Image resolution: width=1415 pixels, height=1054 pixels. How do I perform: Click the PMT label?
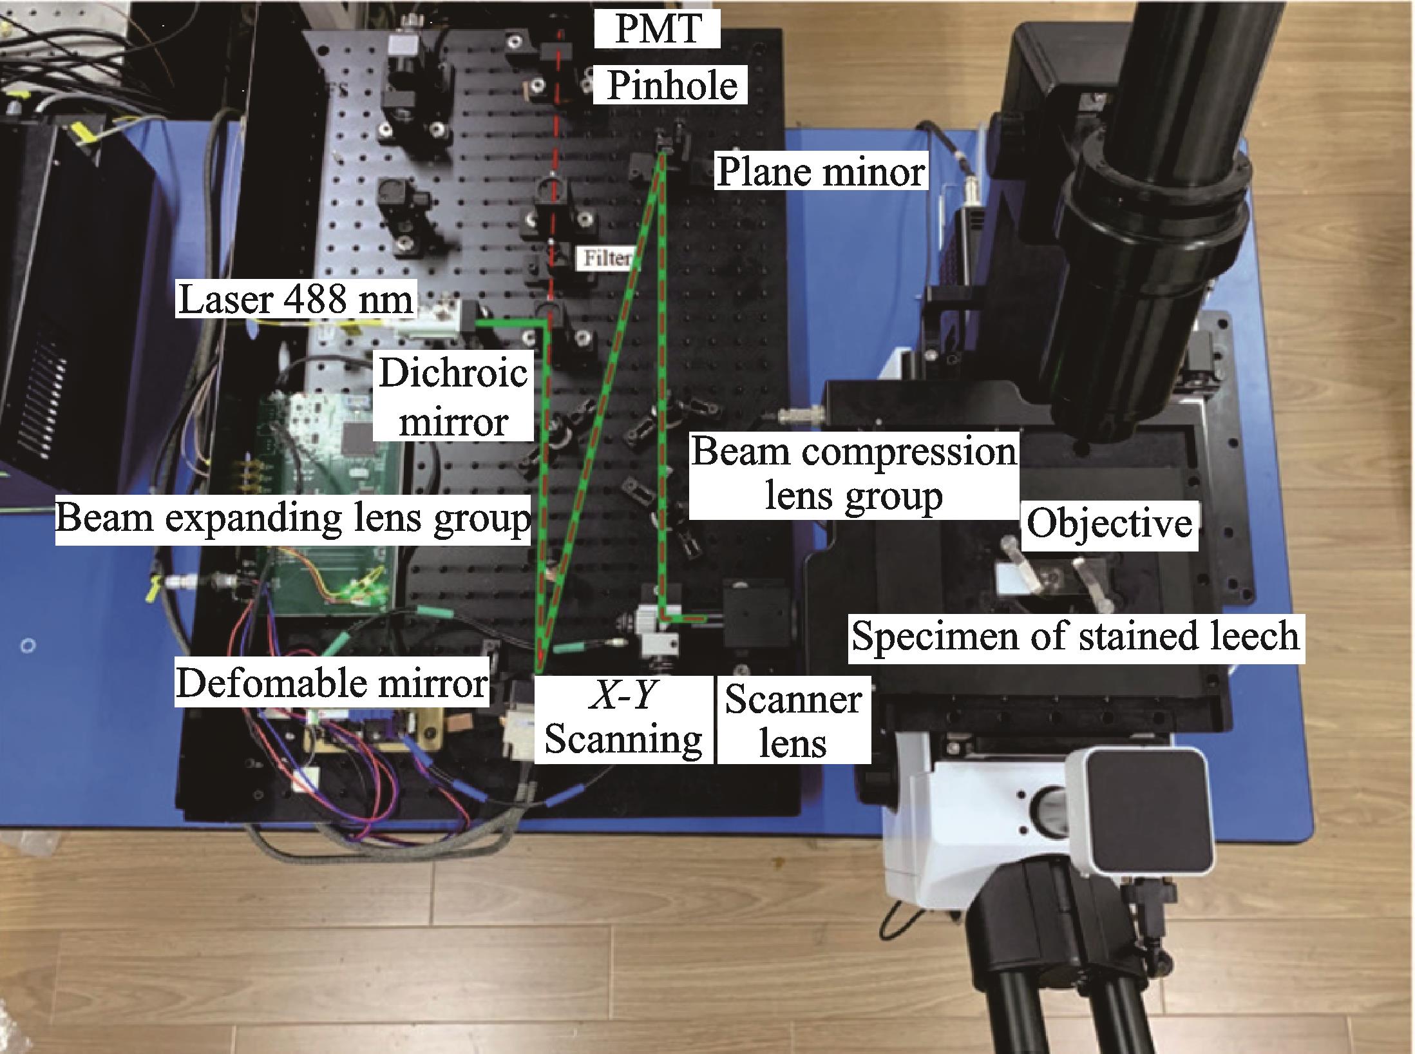pyautogui.click(x=657, y=30)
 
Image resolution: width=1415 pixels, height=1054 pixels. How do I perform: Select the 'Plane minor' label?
pyautogui.click(x=821, y=172)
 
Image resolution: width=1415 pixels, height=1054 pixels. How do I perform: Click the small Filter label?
pyautogui.click(x=606, y=259)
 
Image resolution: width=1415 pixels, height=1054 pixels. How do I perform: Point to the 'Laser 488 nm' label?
pyautogui.click(x=296, y=300)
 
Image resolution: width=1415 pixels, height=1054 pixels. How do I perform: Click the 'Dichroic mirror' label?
pyautogui.click(x=453, y=398)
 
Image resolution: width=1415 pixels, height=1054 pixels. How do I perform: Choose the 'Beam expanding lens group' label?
pyautogui.click(x=292, y=518)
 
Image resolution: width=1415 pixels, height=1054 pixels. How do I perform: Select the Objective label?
pyautogui.click(x=1108, y=523)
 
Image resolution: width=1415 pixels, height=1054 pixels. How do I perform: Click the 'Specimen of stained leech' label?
pyautogui.click(x=1075, y=637)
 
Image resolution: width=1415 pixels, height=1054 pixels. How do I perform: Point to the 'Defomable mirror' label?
pyautogui.click(x=332, y=683)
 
